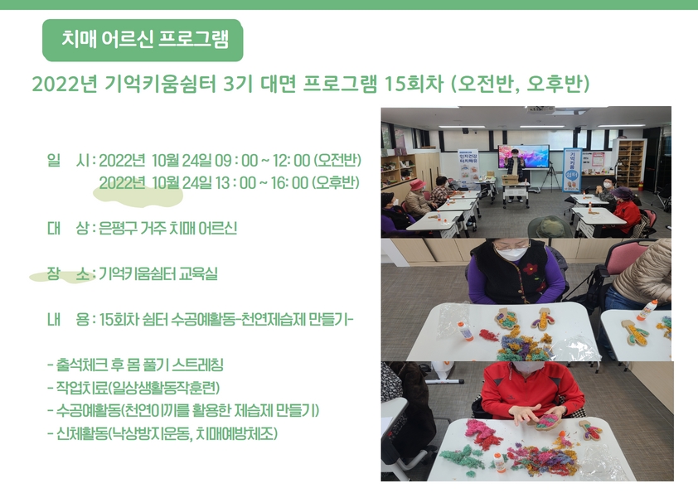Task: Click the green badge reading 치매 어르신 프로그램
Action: tap(143, 40)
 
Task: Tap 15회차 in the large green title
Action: tap(414, 84)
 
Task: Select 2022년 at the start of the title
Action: tap(65, 84)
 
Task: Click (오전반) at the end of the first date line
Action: tap(337, 160)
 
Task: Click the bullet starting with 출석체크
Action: tap(135, 365)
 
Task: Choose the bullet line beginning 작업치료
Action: tap(133, 388)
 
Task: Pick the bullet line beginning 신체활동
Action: tap(162, 433)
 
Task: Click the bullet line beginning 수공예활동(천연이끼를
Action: tap(183, 410)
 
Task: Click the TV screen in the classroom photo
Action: tap(524, 156)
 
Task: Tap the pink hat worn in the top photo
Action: tap(417, 184)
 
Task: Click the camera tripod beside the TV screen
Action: tap(550, 177)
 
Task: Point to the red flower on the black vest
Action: tap(531, 268)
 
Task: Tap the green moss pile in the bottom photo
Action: tap(459, 457)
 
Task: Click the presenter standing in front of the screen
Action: tap(516, 173)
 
